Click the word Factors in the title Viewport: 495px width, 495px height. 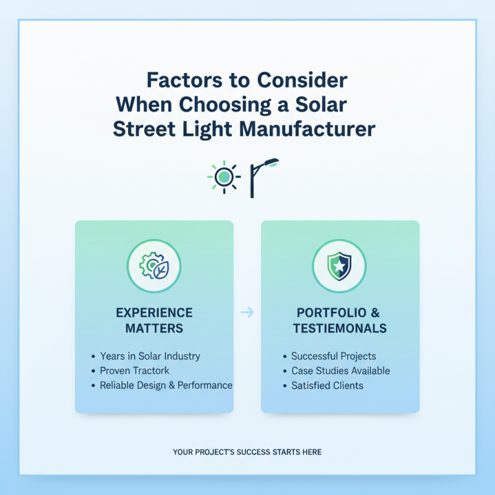(x=184, y=80)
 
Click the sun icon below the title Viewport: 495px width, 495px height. (x=224, y=177)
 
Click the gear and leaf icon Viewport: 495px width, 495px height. (x=154, y=266)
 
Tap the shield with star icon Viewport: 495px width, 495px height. (x=339, y=266)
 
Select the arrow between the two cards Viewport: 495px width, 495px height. (x=247, y=312)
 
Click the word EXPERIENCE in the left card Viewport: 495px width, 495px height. (x=154, y=313)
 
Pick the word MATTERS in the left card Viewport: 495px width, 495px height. (x=154, y=329)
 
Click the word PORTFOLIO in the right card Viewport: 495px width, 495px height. (x=327, y=313)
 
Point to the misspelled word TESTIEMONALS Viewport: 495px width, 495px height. (x=340, y=329)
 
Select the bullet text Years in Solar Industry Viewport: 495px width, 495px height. (x=150, y=356)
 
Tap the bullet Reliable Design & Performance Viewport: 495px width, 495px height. (x=166, y=385)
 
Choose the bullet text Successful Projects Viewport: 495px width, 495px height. (x=334, y=356)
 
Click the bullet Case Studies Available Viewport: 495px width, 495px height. (x=341, y=371)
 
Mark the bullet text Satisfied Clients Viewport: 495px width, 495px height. (x=327, y=385)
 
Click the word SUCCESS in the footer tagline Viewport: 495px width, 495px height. (x=254, y=452)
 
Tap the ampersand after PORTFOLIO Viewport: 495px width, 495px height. (x=375, y=313)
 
